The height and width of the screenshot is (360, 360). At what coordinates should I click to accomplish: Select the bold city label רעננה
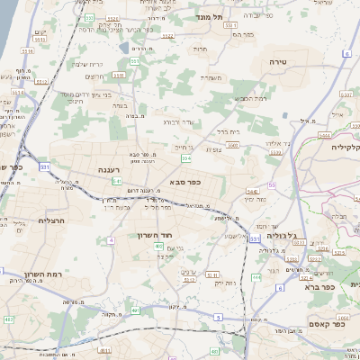click(x=115, y=168)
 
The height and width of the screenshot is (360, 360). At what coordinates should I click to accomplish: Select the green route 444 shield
click(x=256, y=276)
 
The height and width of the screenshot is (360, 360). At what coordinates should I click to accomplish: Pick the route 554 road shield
click(x=185, y=158)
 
